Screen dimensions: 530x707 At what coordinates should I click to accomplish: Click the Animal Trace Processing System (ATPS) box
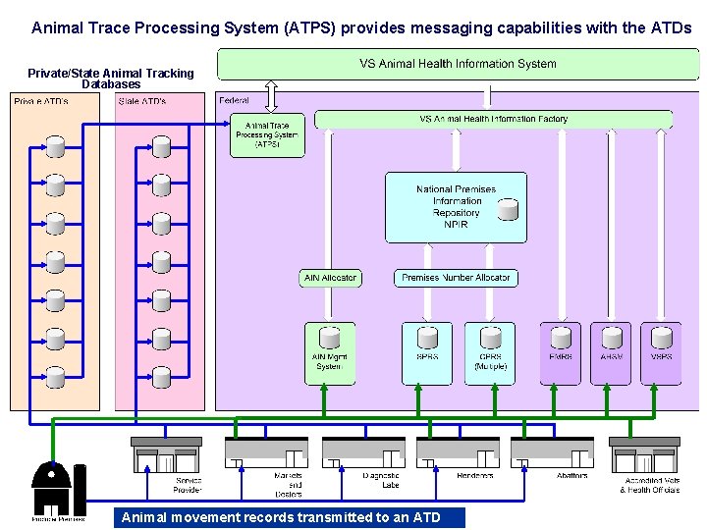pyautogui.click(x=267, y=135)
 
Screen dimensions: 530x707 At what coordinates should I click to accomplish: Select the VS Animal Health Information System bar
pyautogui.click(x=458, y=65)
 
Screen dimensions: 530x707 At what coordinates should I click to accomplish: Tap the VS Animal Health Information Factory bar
pyautogui.click(x=493, y=120)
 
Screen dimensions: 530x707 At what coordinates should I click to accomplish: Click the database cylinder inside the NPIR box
pyautogui.click(x=507, y=208)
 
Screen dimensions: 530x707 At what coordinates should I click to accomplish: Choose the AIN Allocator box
pyautogui.click(x=330, y=278)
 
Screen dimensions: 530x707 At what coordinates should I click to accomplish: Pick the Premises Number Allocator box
pyautogui.click(x=456, y=278)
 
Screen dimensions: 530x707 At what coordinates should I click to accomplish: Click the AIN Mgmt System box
pyautogui.click(x=329, y=353)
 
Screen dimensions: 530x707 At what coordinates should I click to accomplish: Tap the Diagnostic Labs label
pyautogui.click(x=380, y=481)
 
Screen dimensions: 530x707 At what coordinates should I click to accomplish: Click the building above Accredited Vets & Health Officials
pyautogui.click(x=644, y=454)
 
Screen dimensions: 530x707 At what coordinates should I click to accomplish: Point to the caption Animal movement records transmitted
pyautogui.click(x=289, y=517)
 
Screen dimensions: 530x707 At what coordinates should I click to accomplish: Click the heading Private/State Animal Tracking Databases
pyautogui.click(x=111, y=79)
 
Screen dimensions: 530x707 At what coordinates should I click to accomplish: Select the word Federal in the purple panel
pyautogui.click(x=235, y=100)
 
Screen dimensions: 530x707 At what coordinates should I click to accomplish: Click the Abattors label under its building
pyautogui.click(x=571, y=476)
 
